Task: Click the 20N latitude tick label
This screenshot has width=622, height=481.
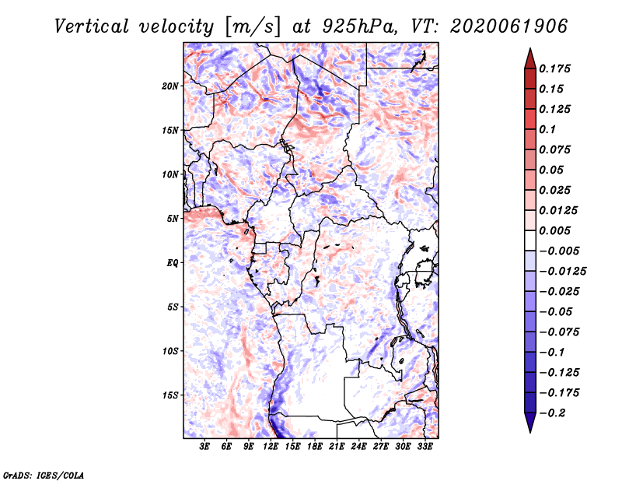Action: tap(170, 86)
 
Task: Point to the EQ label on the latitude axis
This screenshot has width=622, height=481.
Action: tap(172, 263)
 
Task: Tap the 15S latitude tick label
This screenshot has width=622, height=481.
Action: tap(170, 395)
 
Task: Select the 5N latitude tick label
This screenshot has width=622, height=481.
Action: tap(173, 219)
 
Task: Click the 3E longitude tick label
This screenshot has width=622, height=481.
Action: tap(204, 447)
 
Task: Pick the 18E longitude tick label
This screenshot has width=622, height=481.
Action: tap(315, 447)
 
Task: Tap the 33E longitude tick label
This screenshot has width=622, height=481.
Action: tap(425, 447)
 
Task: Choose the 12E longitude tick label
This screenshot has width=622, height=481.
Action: tap(271, 447)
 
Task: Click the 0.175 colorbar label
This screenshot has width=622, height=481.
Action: tap(554, 68)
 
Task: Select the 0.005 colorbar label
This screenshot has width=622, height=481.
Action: tap(554, 230)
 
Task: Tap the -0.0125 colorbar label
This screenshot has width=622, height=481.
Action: tap(562, 272)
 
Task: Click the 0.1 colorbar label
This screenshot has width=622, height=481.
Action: tap(547, 129)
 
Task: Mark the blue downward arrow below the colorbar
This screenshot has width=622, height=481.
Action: tap(530, 423)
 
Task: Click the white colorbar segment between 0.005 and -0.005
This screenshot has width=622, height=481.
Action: tap(530, 240)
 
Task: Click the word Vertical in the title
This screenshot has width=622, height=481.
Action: tap(92, 26)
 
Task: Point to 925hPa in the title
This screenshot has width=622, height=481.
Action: tap(359, 26)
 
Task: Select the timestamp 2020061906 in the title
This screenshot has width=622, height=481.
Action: tap(509, 26)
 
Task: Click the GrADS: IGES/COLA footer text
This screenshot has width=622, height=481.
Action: tap(44, 475)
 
